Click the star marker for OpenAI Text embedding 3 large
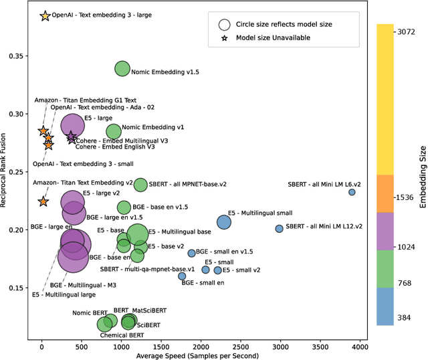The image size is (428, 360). click(x=45, y=15)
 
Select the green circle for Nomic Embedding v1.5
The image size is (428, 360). click(x=122, y=68)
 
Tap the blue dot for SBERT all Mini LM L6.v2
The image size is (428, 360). click(x=352, y=192)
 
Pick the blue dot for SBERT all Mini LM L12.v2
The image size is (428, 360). click(x=279, y=229)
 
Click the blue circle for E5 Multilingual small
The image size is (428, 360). click(x=224, y=222)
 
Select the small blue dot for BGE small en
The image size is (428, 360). click(x=182, y=276)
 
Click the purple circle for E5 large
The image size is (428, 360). click(x=73, y=125)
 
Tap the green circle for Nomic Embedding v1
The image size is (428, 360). click(x=114, y=132)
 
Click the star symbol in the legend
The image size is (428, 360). click(x=225, y=38)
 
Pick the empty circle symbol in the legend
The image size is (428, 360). click(x=225, y=24)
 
